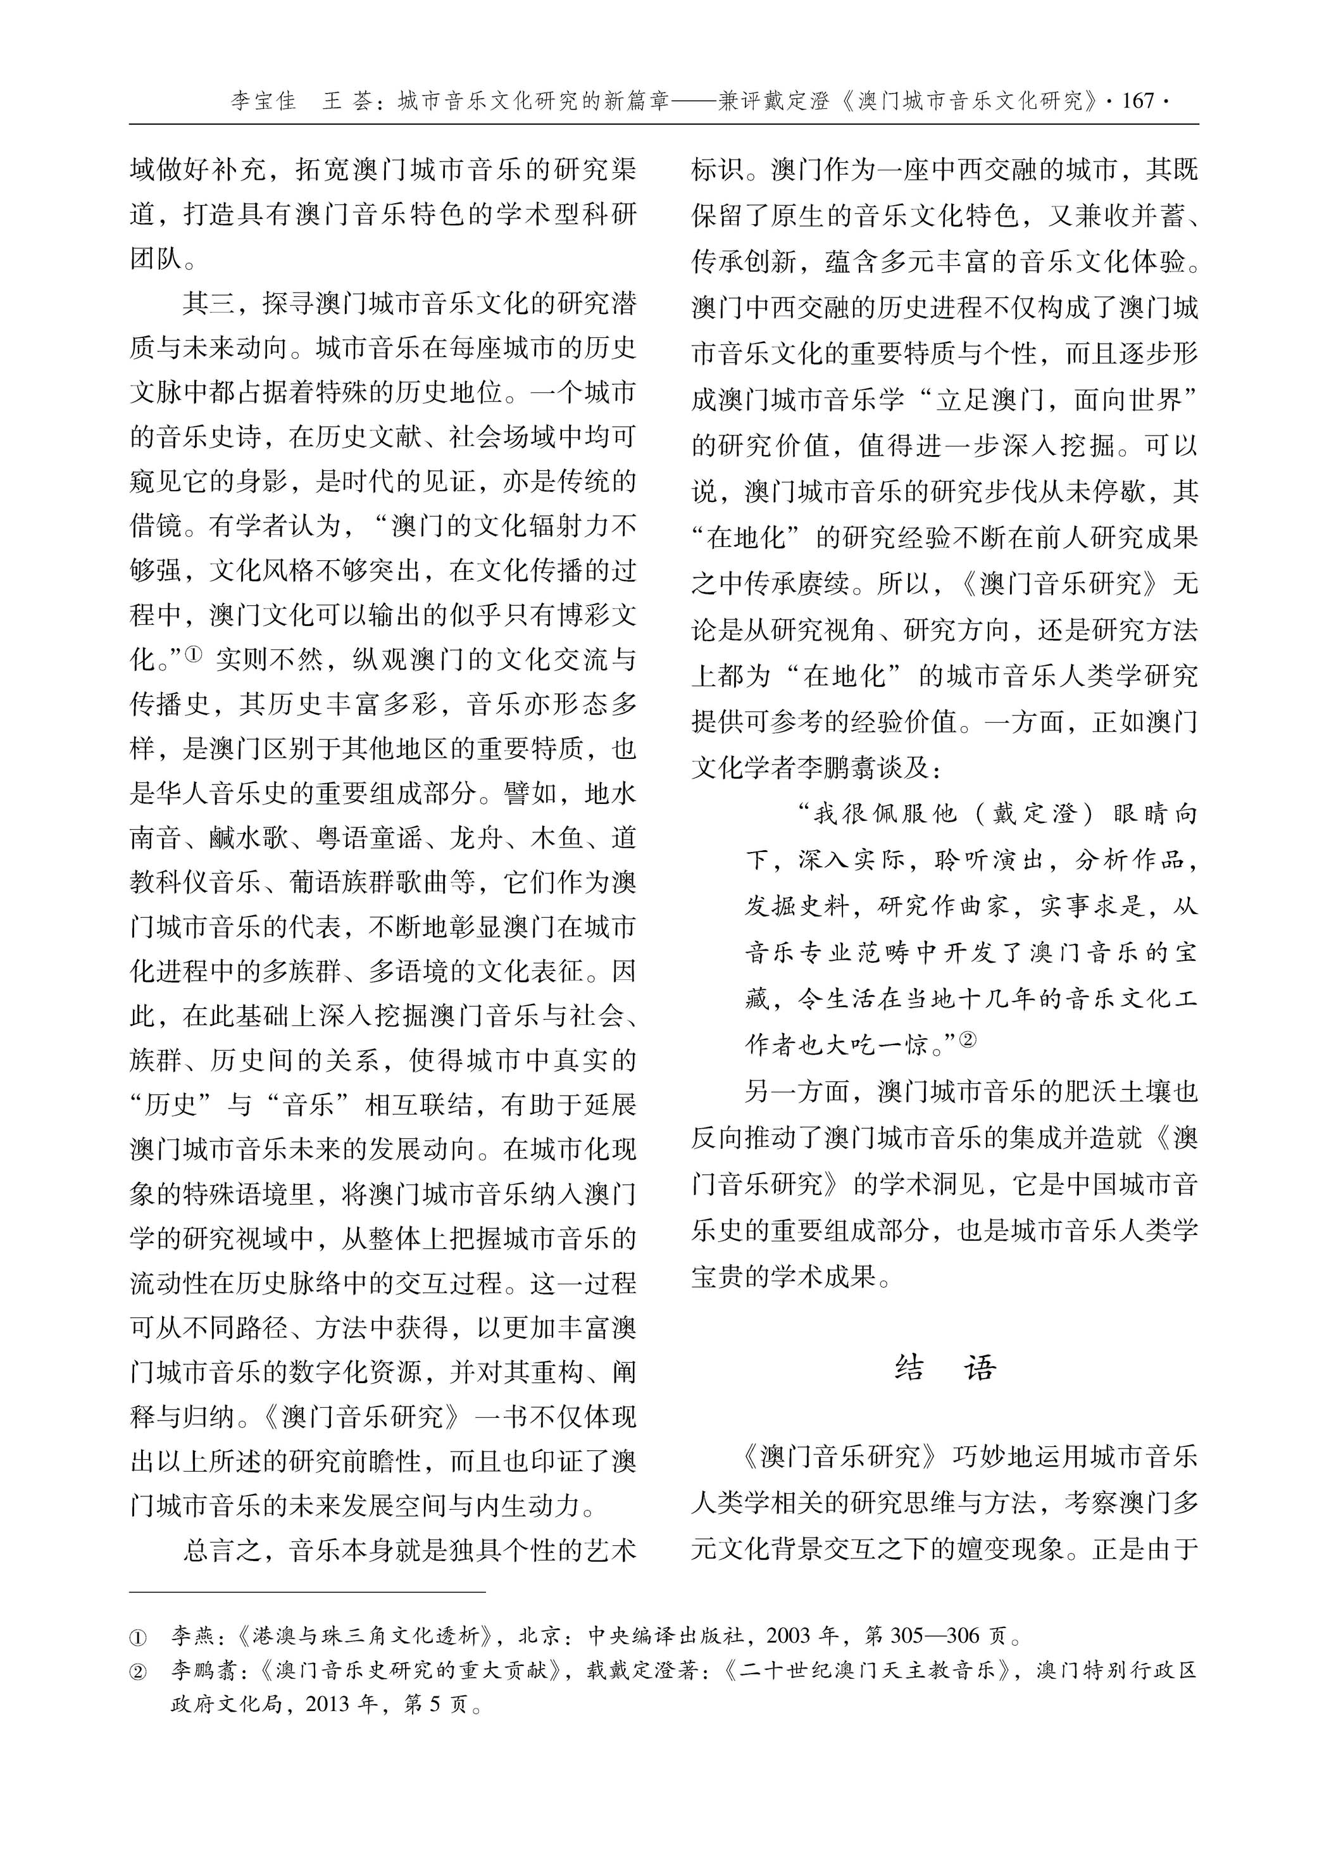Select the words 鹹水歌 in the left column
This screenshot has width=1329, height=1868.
248,837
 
